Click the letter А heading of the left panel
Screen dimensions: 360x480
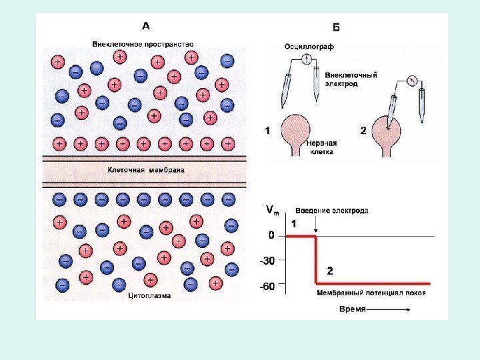click(x=146, y=27)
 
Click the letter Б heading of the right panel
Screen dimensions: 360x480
click(x=336, y=27)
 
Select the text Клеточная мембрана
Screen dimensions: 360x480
click(x=146, y=170)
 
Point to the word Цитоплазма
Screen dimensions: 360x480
click(x=149, y=295)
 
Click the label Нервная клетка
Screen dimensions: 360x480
click(x=323, y=147)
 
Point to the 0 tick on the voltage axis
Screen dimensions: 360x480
click(x=271, y=235)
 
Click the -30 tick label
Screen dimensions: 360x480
click(x=267, y=261)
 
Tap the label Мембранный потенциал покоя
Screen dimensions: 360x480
click(x=371, y=293)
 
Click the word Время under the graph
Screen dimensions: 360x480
click(x=353, y=310)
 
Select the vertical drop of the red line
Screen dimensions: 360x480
click(x=316, y=260)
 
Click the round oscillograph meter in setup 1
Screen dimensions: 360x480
click(x=308, y=58)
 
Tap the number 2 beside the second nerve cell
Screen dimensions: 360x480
click(x=363, y=131)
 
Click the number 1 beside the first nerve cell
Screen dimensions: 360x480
click(x=268, y=131)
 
